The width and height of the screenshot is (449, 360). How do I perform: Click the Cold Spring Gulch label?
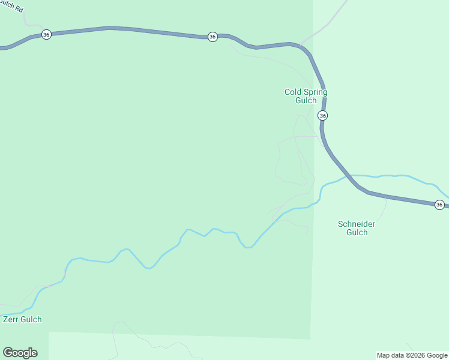point(306,96)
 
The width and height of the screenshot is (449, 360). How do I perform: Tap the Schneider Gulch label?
point(357,228)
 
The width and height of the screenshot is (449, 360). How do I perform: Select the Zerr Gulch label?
point(22,319)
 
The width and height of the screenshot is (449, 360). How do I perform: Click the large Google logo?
point(20,353)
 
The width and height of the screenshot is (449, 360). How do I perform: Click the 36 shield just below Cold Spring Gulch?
point(323,115)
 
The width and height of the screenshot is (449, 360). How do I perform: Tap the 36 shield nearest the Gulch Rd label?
point(46,35)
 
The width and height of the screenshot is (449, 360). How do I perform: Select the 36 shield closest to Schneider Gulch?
point(439,205)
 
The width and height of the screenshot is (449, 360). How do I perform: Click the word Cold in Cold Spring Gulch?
point(293,92)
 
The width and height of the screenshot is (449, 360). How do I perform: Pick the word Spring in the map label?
point(315,92)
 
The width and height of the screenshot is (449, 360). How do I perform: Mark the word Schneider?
point(357,224)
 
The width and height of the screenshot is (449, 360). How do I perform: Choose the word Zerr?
point(11,319)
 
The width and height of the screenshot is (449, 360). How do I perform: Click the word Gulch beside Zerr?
point(31,319)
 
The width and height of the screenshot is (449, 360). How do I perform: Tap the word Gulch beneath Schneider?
point(357,232)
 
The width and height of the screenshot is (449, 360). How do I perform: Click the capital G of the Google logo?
point(8,353)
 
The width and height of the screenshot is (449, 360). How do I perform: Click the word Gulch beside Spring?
point(306,100)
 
